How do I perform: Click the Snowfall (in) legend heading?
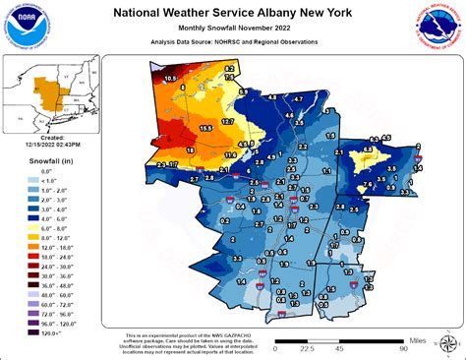click(x=32, y=159)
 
